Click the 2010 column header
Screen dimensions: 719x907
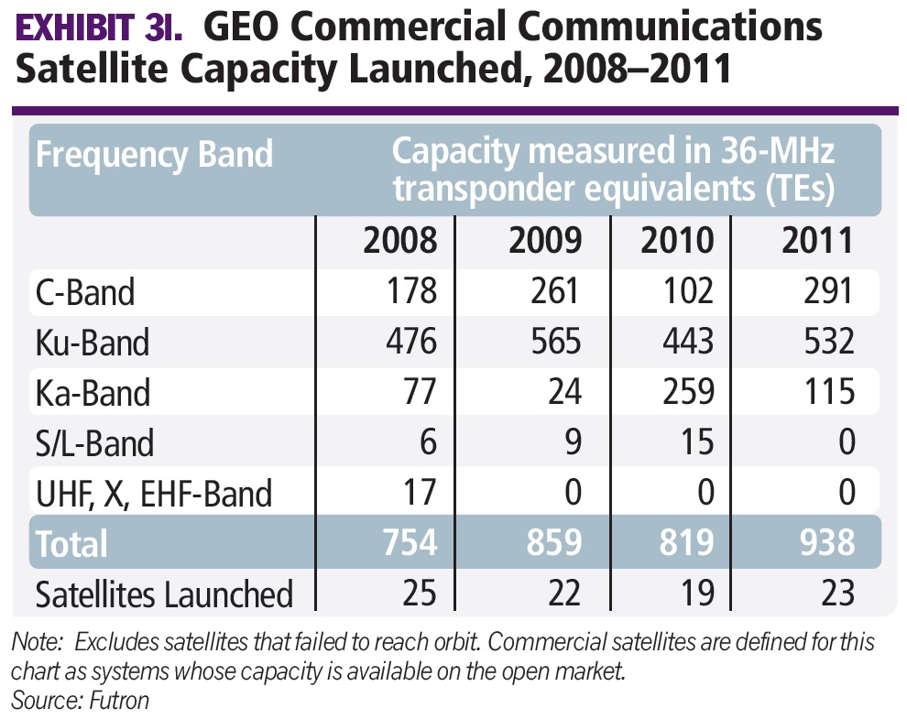[x=677, y=241]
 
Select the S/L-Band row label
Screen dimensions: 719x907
[x=94, y=443]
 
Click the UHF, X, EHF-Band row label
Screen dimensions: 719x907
[x=154, y=494]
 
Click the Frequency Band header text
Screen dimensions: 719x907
[x=154, y=153]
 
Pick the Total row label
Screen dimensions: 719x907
[x=71, y=543]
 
